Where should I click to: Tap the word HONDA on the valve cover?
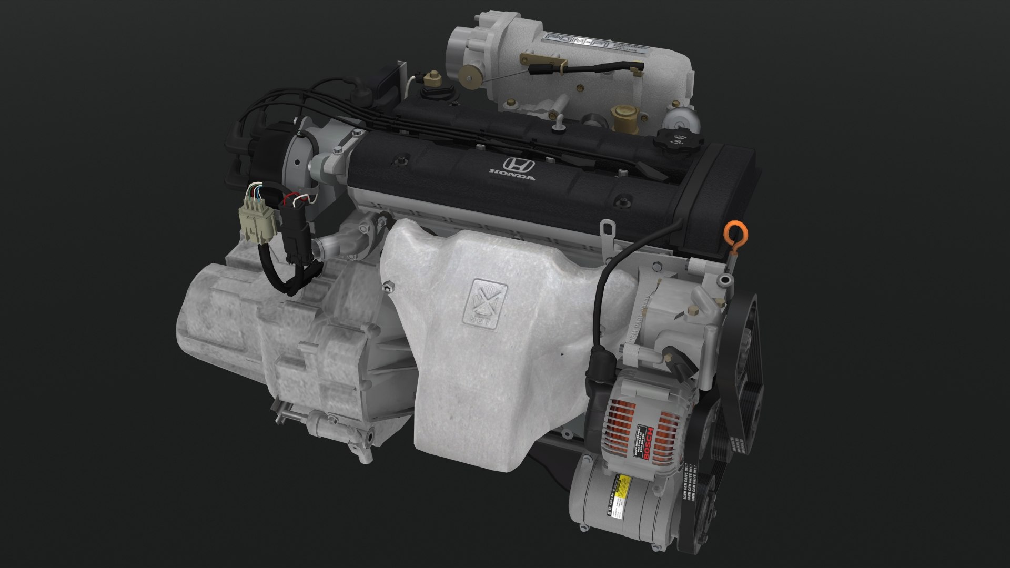[512, 175]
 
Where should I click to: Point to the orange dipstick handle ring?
[733, 232]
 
